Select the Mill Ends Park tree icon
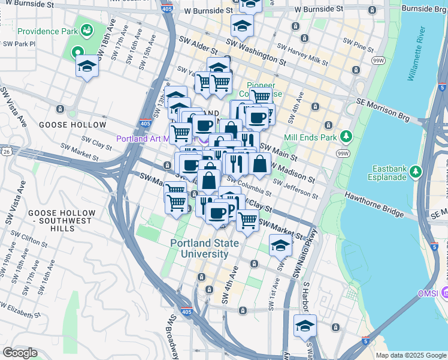[346, 137]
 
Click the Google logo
[20, 353]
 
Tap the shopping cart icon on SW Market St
[247, 220]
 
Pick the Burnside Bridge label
[424, 9]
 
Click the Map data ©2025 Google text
[410, 355]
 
